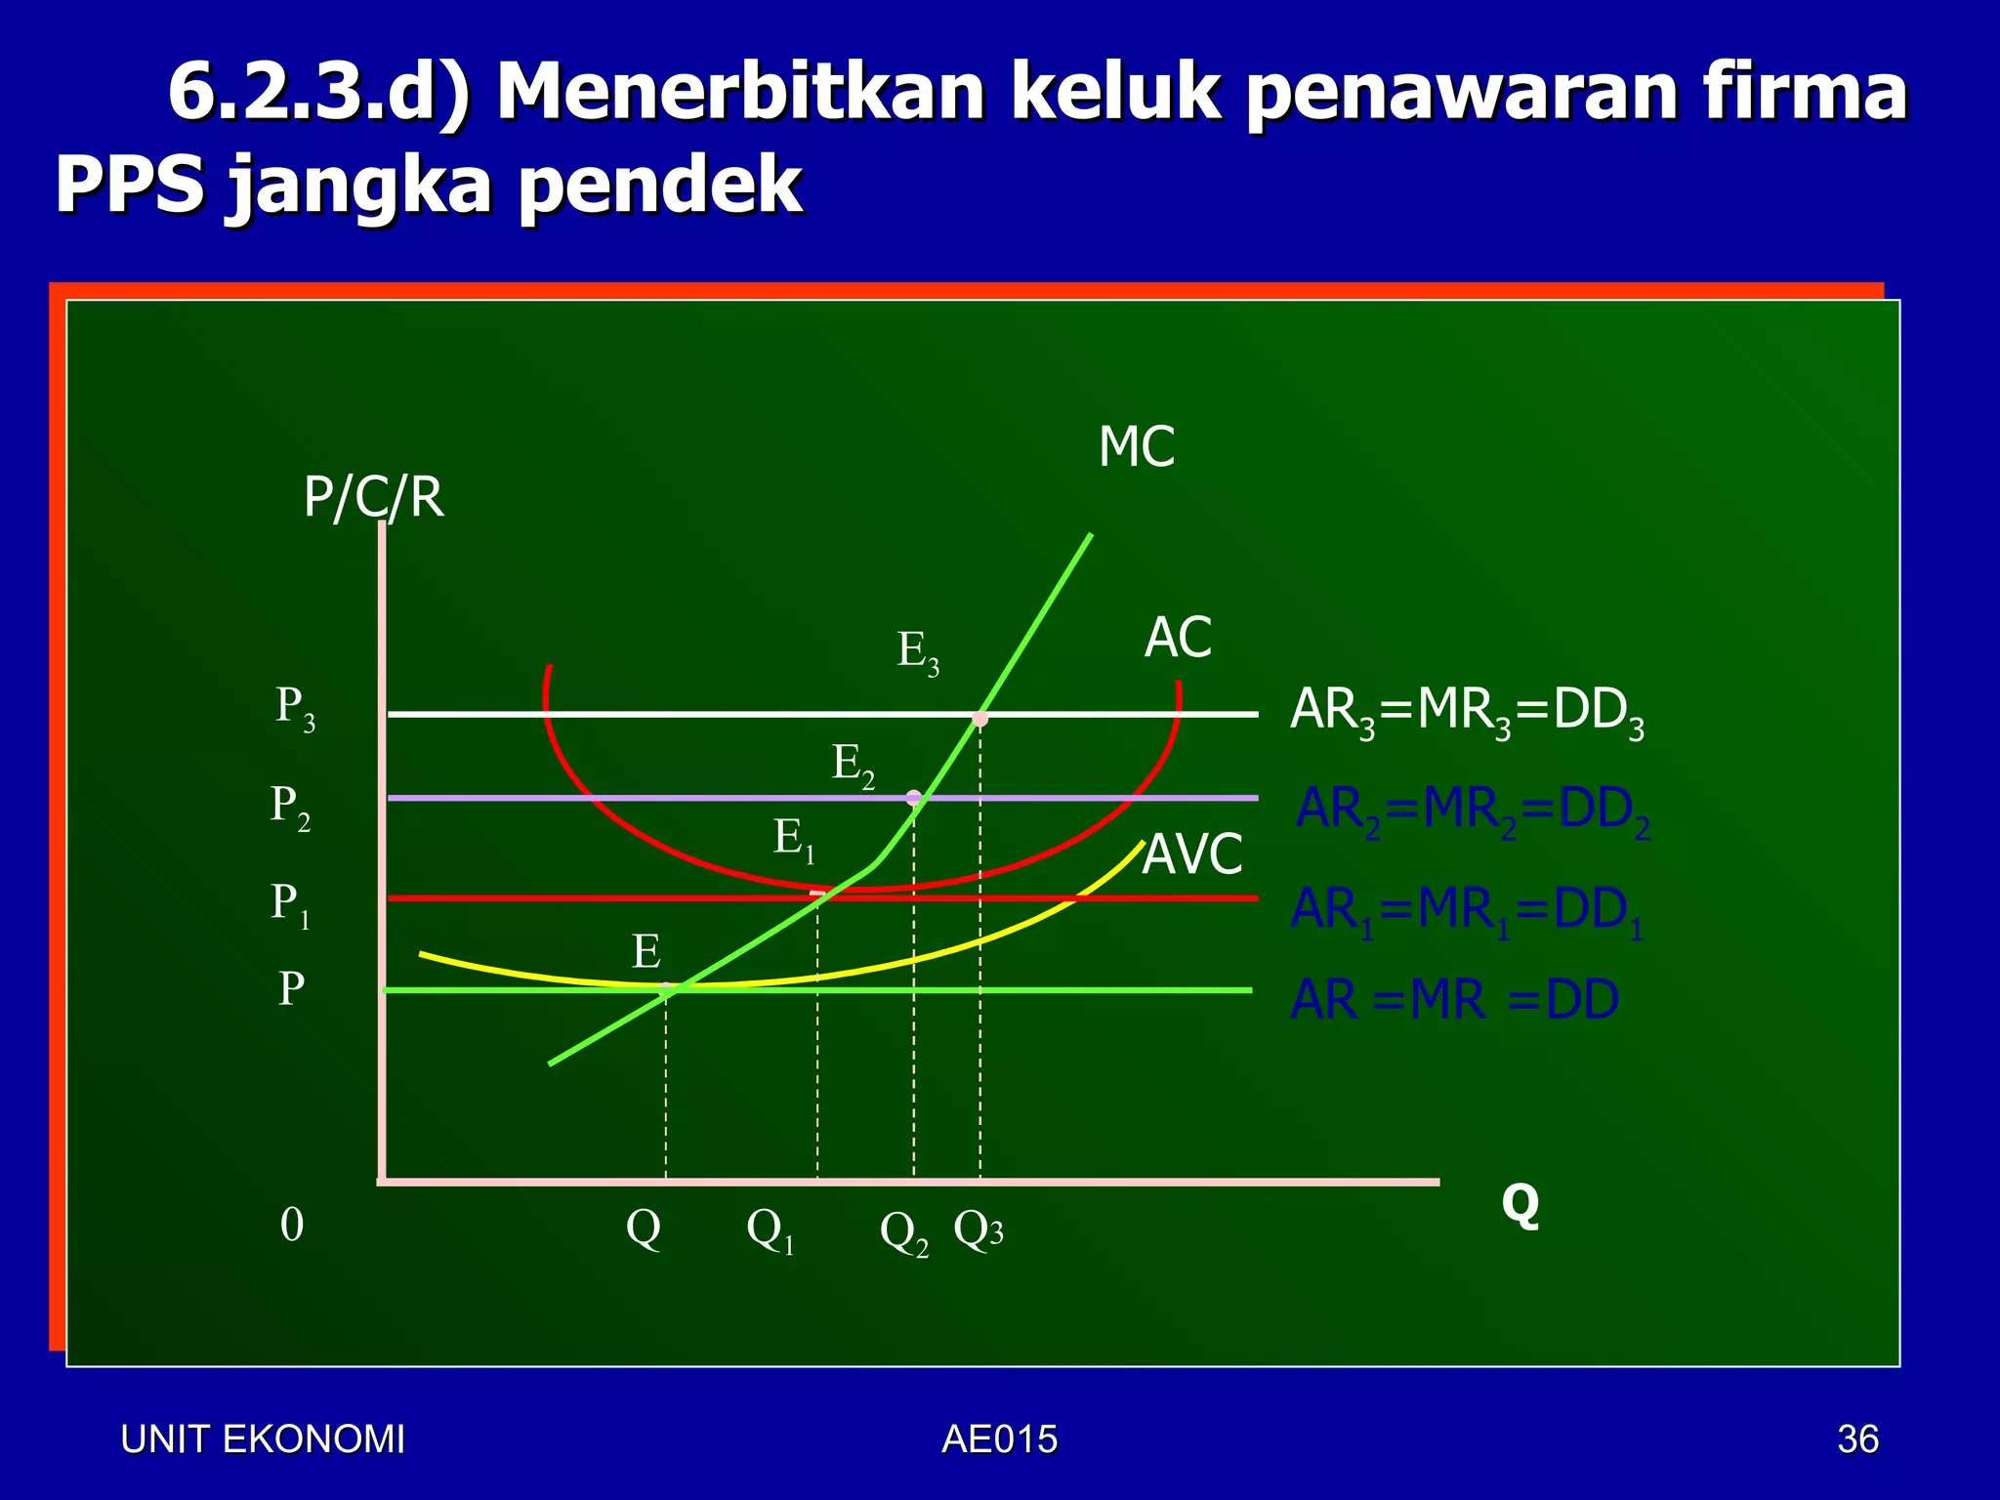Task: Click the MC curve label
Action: (1136, 447)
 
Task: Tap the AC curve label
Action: (1178, 638)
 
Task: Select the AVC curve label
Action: (1192, 854)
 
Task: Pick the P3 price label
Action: (295, 708)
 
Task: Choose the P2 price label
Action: (290, 808)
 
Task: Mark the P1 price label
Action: (290, 904)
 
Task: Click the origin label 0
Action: (292, 1225)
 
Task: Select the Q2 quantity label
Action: (904, 1233)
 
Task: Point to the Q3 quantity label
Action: (979, 1230)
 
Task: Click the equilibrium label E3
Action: (918, 651)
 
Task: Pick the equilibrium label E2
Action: (853, 765)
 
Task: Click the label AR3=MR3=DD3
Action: (1467, 712)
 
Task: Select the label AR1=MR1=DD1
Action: (1467, 911)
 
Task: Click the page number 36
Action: (1857, 1439)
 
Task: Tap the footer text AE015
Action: (1000, 1439)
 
